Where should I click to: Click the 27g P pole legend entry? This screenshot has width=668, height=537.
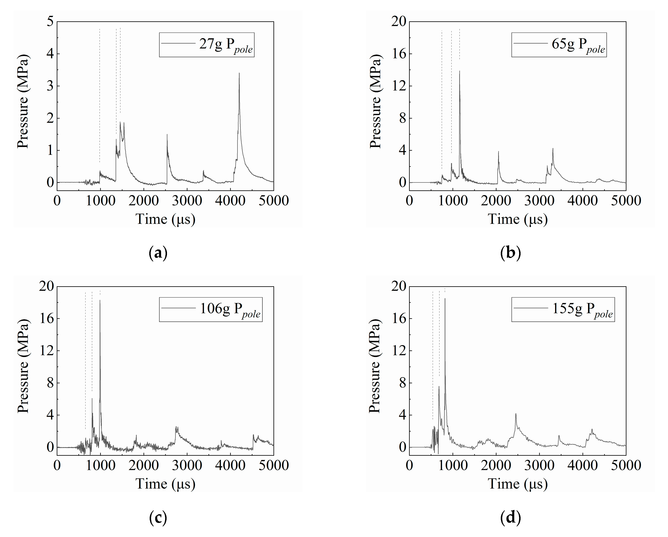(207, 45)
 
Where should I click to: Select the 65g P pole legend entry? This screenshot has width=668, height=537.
(559, 45)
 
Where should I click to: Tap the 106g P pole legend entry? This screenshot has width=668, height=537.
(211, 310)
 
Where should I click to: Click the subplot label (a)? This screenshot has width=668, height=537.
(158, 253)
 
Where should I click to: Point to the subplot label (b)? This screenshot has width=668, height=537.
(510, 253)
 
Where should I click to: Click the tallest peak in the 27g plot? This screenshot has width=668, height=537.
(239, 73)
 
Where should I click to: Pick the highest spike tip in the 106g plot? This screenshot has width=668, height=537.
(100, 300)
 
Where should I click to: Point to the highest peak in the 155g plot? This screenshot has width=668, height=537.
(445, 299)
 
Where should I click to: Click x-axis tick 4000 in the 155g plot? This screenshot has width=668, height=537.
(583, 465)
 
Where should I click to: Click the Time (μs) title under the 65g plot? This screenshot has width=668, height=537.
(518, 219)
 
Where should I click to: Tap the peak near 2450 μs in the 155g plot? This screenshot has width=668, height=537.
(516, 414)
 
